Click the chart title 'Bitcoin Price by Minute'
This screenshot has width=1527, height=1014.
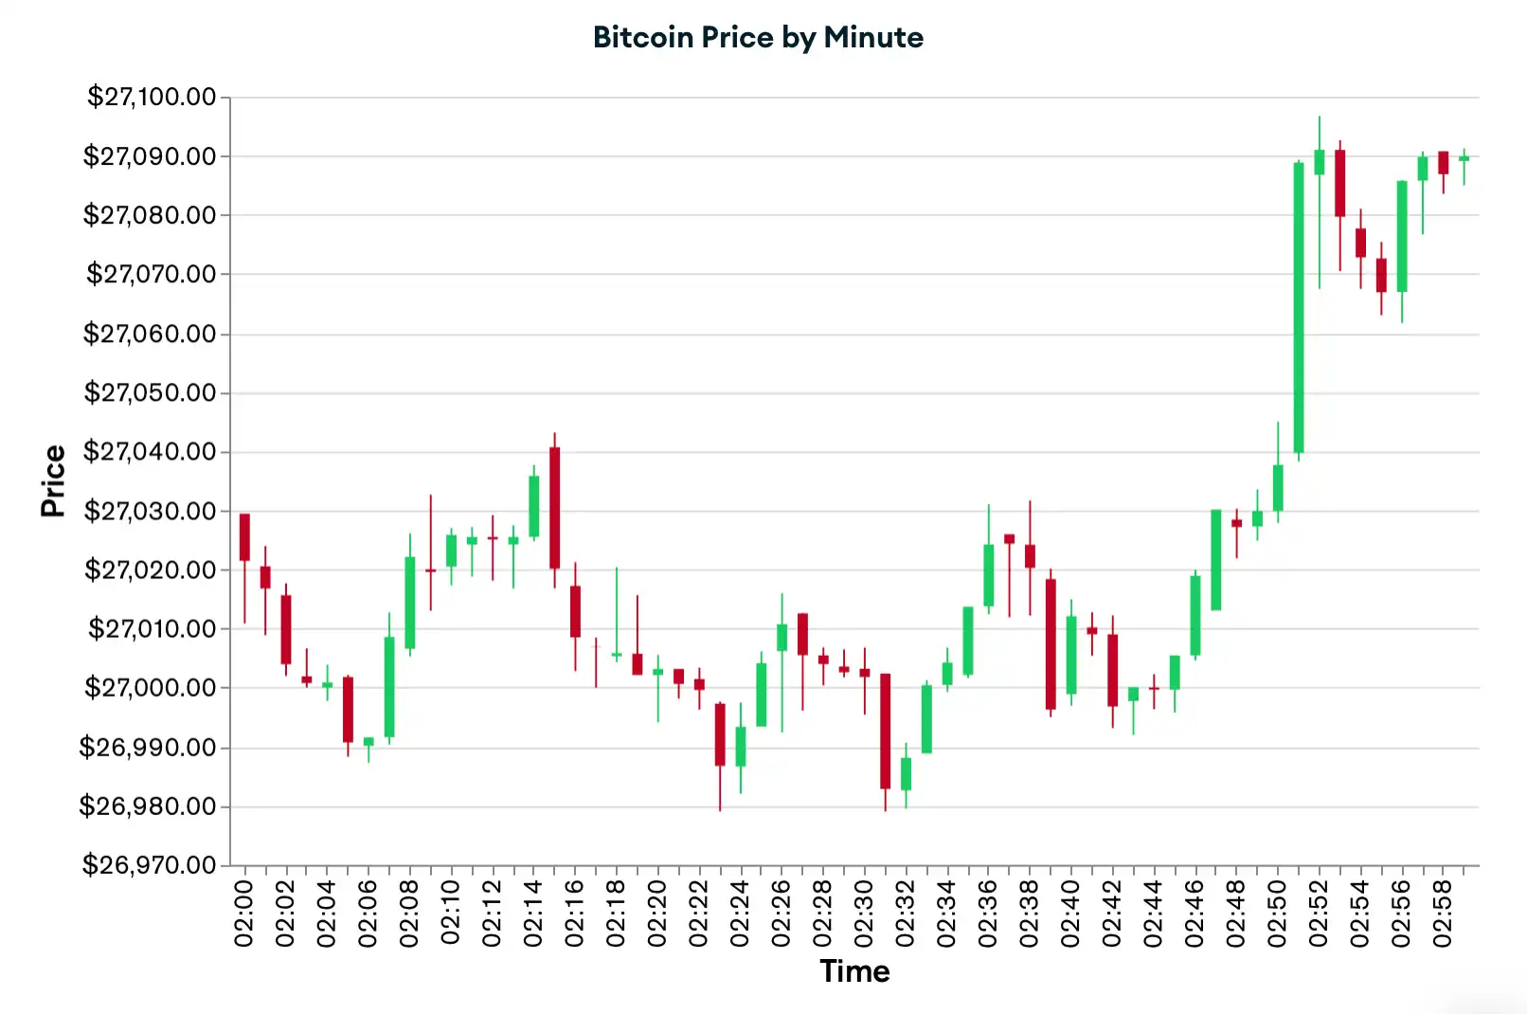point(758,37)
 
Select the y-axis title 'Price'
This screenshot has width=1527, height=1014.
point(53,480)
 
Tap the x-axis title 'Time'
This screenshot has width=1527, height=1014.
point(854,971)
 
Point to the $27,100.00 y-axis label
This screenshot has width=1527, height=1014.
point(152,97)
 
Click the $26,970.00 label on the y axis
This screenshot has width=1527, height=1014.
point(149,864)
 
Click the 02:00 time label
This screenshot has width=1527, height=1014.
point(244,913)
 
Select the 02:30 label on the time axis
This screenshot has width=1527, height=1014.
point(864,913)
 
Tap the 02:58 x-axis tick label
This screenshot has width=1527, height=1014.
point(1443,913)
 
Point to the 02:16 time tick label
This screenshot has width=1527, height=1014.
point(575,913)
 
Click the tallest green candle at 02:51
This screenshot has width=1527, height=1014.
point(1299,308)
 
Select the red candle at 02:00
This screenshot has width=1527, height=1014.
point(244,537)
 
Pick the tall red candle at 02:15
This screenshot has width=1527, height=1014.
point(555,508)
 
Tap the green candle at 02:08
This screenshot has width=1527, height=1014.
point(410,603)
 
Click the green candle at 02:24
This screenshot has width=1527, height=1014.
point(741,747)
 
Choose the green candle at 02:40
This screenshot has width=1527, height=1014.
point(1071,655)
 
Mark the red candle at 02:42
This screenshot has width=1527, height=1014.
point(1113,670)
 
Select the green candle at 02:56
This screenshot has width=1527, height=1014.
point(1402,236)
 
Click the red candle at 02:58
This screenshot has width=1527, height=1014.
point(1444,162)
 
